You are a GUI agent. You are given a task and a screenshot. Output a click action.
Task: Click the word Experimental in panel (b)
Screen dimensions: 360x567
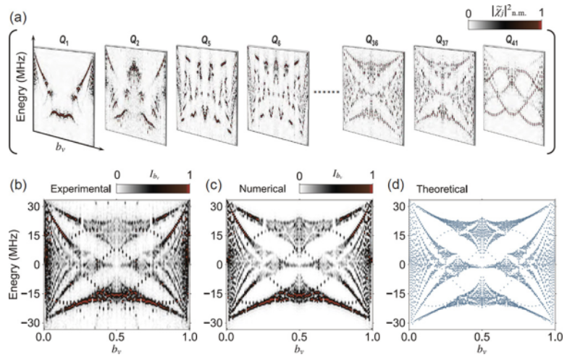click(x=80, y=188)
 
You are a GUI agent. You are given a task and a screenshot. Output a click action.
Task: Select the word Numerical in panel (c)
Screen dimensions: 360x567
click(x=263, y=188)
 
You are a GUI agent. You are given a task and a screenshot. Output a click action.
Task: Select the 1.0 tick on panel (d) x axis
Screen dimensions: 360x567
click(x=555, y=338)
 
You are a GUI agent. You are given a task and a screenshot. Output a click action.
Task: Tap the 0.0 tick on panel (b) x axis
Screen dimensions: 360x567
click(x=45, y=338)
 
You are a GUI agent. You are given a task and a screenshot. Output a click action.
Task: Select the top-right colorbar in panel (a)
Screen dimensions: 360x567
click(x=504, y=25)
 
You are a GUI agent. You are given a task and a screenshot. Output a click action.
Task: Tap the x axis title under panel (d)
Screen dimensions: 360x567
click(x=482, y=351)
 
